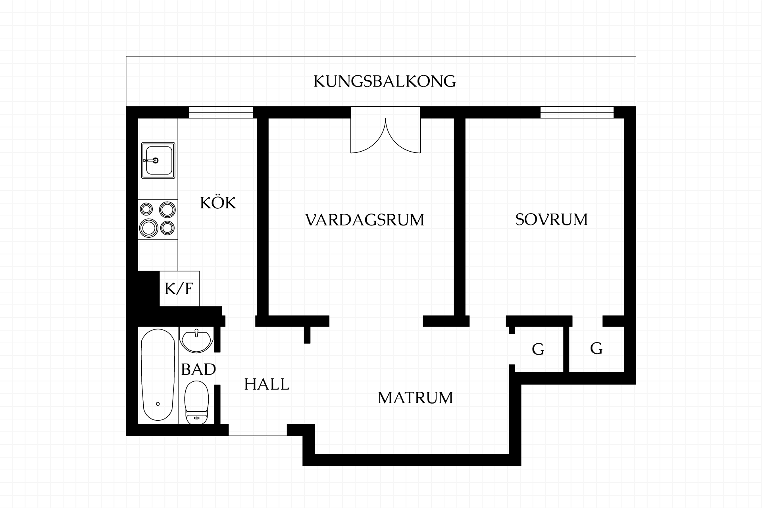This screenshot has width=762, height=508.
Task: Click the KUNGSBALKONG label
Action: [x=385, y=81]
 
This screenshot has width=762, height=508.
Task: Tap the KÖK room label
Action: [x=218, y=203]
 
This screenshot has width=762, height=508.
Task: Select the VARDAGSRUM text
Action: [x=365, y=220]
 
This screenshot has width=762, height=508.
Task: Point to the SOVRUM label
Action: [x=551, y=219]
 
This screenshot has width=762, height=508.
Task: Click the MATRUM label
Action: [x=415, y=398]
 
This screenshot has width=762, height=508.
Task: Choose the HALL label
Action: [x=267, y=384]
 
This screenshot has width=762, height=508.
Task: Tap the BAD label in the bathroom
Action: [x=198, y=369]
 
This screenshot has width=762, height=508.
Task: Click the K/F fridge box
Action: [x=179, y=289]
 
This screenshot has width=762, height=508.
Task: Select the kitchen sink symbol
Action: [x=158, y=160]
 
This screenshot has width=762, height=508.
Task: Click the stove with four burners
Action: [x=158, y=219]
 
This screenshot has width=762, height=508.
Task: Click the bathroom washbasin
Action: [x=196, y=340]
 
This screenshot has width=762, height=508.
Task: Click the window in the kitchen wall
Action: [x=221, y=112]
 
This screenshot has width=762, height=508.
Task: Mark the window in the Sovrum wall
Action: [x=577, y=112]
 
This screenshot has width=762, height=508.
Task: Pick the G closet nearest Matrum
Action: [x=538, y=350]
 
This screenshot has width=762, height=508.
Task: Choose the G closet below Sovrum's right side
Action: [x=596, y=348]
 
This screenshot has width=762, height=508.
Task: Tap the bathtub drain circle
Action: [x=158, y=404]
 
